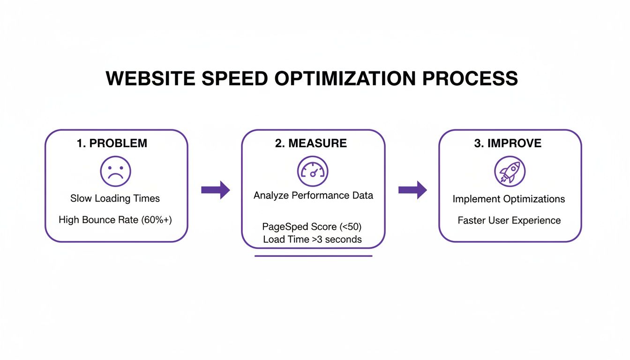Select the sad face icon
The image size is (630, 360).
(115, 172)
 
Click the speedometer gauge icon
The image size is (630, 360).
(313, 172)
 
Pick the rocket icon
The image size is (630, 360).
(510, 172)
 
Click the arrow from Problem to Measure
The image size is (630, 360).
(216, 190)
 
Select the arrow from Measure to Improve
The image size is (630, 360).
(412, 190)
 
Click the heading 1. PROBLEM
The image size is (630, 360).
(112, 143)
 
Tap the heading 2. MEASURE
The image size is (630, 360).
(311, 143)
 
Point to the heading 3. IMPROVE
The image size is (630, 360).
(508, 143)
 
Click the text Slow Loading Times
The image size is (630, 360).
(115, 198)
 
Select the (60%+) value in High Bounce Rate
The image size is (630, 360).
(156, 219)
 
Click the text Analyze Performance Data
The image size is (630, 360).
(313, 195)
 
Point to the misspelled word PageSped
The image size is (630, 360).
(286, 227)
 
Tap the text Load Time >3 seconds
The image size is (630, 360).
(312, 240)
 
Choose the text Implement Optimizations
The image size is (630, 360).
(509, 199)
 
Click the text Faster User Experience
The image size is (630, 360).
(509, 220)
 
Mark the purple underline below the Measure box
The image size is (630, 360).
(313, 256)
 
